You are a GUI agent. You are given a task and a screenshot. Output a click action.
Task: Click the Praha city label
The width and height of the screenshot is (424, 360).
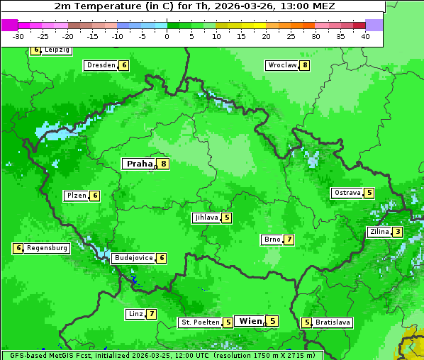click(x=139, y=164)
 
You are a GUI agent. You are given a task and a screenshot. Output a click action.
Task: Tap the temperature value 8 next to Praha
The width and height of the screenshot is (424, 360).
click(x=164, y=164)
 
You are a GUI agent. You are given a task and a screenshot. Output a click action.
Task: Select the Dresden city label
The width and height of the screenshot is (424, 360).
click(x=101, y=65)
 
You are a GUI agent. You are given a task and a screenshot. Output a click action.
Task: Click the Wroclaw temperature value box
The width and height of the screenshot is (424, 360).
click(x=305, y=65)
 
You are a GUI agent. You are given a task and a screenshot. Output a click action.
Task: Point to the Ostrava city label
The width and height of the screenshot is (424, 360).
click(x=347, y=193)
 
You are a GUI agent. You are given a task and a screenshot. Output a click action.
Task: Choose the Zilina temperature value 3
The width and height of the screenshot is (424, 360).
click(x=398, y=232)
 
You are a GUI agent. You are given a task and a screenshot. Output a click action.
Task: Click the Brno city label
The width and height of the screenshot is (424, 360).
click(x=272, y=240)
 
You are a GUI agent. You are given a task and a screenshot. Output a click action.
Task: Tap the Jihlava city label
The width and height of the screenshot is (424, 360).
click(x=206, y=218)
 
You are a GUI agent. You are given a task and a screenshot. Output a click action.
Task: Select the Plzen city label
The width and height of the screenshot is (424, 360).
click(x=76, y=196)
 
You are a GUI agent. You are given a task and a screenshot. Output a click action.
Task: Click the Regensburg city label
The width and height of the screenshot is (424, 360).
click(x=48, y=248)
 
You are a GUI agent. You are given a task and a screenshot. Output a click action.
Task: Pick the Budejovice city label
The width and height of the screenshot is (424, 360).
click(x=133, y=258)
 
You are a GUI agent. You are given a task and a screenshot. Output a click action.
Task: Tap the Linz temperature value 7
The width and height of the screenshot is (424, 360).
click(x=152, y=314)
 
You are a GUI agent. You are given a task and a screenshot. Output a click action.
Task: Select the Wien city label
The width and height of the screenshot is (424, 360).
click(x=250, y=321)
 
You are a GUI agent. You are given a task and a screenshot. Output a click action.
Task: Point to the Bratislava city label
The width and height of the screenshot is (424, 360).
click(x=333, y=322)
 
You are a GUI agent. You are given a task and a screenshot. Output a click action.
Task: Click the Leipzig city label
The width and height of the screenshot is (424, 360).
click(x=57, y=50)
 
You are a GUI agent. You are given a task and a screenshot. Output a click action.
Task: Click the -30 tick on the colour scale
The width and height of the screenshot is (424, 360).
click(x=18, y=36)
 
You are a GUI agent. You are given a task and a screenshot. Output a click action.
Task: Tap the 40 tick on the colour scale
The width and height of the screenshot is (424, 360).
click(x=365, y=36)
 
